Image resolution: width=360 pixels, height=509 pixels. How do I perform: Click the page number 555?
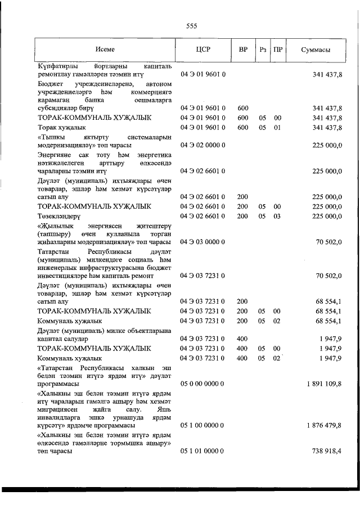tap(191, 26)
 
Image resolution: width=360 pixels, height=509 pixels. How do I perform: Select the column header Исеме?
tap(105, 49)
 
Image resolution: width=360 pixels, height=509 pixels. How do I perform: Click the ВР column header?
tap(243, 49)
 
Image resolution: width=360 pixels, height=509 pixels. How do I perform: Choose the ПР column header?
tap(277, 49)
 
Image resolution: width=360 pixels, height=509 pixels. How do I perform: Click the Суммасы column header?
tap(316, 49)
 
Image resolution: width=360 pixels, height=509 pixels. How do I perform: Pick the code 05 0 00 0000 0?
tap(202, 384)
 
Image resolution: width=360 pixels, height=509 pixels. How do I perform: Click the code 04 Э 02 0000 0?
tap(202, 145)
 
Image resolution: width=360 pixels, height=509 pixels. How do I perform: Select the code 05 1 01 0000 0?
tap(202, 451)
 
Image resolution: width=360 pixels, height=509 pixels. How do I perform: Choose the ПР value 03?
tap(277, 215)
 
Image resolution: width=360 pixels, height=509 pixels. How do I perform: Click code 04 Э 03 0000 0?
tap(202, 241)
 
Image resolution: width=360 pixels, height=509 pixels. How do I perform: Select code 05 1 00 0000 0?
tap(202, 425)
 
